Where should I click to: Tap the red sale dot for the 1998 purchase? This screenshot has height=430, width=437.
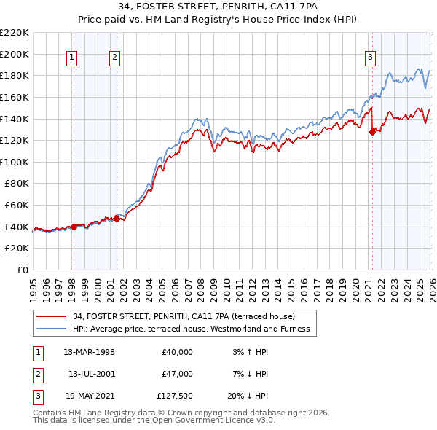click(x=74, y=227)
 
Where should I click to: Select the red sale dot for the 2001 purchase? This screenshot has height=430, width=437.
click(x=117, y=219)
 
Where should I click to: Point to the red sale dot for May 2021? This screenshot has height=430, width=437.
click(x=372, y=132)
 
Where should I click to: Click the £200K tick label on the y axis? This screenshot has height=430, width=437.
click(x=15, y=54)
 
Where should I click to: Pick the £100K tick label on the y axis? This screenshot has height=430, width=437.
click(x=15, y=162)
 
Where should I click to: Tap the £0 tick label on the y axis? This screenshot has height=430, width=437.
click(x=23, y=270)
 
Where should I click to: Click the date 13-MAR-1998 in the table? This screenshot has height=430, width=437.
click(x=89, y=352)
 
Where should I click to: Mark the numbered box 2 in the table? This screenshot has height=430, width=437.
click(x=37, y=374)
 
